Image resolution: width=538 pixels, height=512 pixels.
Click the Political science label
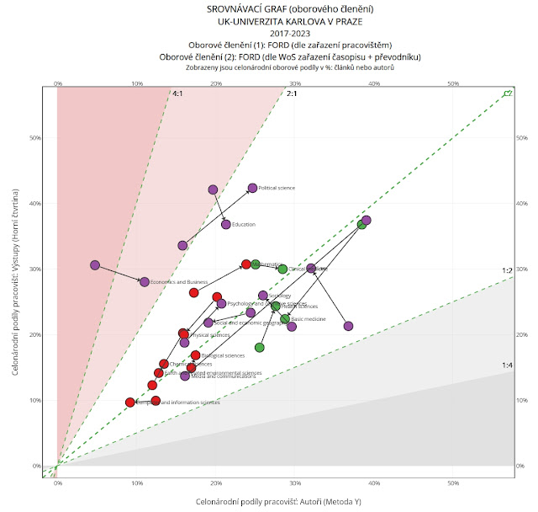tap(277, 189)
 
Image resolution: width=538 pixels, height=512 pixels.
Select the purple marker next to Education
tap(226, 224)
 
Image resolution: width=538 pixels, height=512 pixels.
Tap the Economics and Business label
tap(180, 282)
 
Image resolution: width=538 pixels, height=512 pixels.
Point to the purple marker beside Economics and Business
tap(145, 282)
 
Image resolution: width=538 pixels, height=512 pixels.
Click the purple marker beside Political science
tap(252, 188)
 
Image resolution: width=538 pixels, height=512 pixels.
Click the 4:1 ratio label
tap(178, 93)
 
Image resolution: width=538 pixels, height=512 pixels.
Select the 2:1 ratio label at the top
tap(293, 93)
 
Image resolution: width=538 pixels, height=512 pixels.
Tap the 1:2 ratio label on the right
tap(507, 271)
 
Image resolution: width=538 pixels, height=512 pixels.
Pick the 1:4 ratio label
tap(507, 365)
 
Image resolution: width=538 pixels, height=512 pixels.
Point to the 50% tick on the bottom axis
tap(453, 485)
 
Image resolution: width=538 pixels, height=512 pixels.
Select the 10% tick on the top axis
tap(137, 83)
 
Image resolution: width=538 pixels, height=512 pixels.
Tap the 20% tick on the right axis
tap(521, 334)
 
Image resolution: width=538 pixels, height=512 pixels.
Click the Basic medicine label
tap(309, 320)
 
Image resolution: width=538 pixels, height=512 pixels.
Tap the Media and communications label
tap(220, 376)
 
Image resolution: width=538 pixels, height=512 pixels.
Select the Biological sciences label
tap(224, 356)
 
